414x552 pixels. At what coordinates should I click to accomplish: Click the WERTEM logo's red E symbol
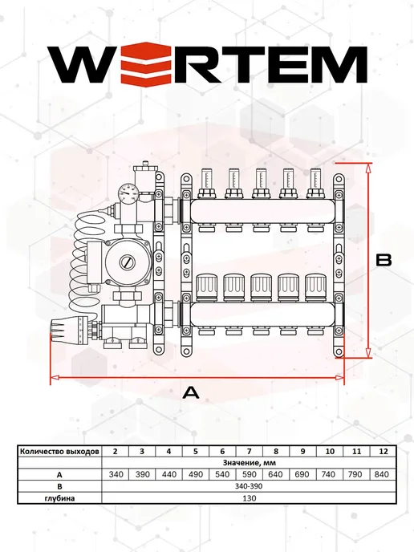click(146, 63)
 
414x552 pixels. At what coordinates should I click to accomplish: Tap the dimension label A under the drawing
click(191, 392)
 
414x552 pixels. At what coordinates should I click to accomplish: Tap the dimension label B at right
click(384, 260)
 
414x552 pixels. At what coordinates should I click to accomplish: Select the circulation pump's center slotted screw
click(126, 262)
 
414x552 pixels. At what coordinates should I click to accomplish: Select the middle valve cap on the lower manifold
click(261, 287)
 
